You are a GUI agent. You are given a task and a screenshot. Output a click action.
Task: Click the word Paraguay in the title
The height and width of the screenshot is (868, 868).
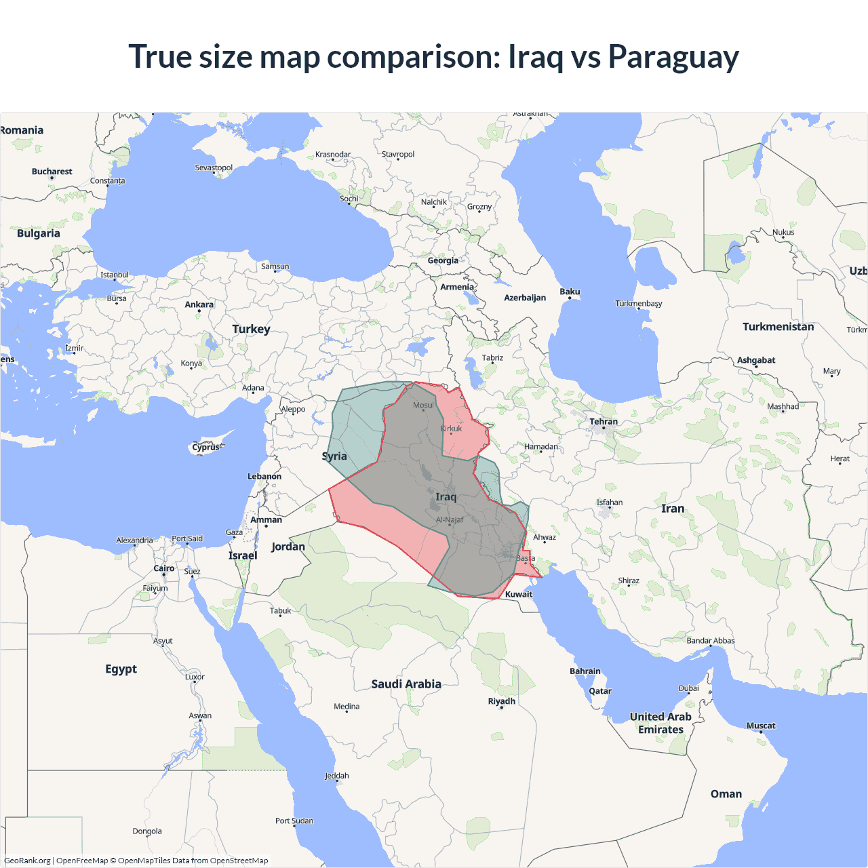[x=673, y=56]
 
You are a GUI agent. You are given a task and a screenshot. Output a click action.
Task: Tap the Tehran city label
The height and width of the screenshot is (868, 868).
[x=604, y=421]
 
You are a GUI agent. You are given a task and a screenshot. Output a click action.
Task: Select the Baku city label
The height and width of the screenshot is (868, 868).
[x=570, y=292]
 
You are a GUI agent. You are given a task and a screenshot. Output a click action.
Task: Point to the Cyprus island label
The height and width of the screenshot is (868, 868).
[x=205, y=447]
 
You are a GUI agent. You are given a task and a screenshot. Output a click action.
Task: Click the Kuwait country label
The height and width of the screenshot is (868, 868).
[x=519, y=594]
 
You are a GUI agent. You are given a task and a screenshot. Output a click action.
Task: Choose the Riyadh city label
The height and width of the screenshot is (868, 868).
[x=502, y=701]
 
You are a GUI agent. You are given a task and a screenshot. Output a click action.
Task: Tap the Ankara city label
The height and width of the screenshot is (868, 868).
[x=199, y=304]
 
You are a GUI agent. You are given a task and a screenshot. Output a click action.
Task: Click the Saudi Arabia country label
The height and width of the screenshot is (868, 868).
[x=406, y=684]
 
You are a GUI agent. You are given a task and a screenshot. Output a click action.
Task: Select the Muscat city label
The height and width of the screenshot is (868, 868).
[x=761, y=726]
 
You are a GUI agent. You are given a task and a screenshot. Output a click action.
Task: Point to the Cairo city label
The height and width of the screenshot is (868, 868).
[x=164, y=568]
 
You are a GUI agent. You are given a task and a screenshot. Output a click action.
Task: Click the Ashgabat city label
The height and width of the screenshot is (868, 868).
[x=756, y=360]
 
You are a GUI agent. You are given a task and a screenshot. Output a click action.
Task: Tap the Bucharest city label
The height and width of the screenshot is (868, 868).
[x=52, y=172]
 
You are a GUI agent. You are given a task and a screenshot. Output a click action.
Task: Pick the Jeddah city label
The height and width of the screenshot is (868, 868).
[x=337, y=776]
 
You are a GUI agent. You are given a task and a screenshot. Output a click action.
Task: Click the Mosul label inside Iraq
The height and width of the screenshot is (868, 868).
[x=423, y=405]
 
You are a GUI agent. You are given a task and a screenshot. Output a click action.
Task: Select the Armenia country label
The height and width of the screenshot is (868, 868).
[x=457, y=287]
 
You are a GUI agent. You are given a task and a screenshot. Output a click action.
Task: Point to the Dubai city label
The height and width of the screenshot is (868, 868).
[x=689, y=688]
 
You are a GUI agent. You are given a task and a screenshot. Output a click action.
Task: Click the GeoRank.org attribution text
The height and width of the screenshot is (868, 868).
[x=27, y=861]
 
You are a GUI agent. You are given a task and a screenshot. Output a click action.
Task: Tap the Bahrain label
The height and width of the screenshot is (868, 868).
[x=585, y=671]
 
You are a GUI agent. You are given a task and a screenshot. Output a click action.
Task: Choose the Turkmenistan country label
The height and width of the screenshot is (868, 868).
[x=778, y=327]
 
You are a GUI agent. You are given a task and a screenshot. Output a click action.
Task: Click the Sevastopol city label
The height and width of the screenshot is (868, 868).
[x=214, y=167]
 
